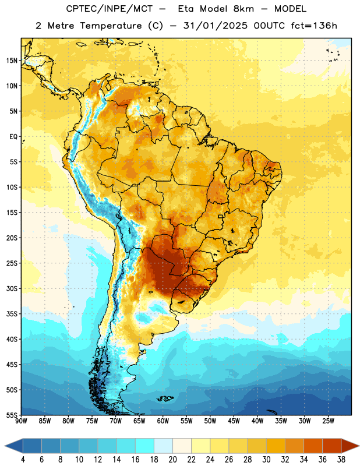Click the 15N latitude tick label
(12, 61)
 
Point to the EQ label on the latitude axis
(13, 137)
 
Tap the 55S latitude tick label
(12, 415)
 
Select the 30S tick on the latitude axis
(12, 288)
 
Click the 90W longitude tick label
(21, 421)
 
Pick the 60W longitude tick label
(163, 421)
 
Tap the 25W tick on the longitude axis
(328, 421)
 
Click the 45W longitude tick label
(234, 421)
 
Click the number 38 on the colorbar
(341, 460)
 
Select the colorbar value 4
(23, 460)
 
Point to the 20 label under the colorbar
(172, 460)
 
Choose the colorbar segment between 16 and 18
(145, 446)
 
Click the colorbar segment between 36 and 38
(332, 446)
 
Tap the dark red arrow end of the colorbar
(350, 446)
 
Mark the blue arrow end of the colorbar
(14, 446)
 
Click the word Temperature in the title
(111, 26)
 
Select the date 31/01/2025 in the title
(215, 26)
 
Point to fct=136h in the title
(314, 26)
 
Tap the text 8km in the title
(243, 9)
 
